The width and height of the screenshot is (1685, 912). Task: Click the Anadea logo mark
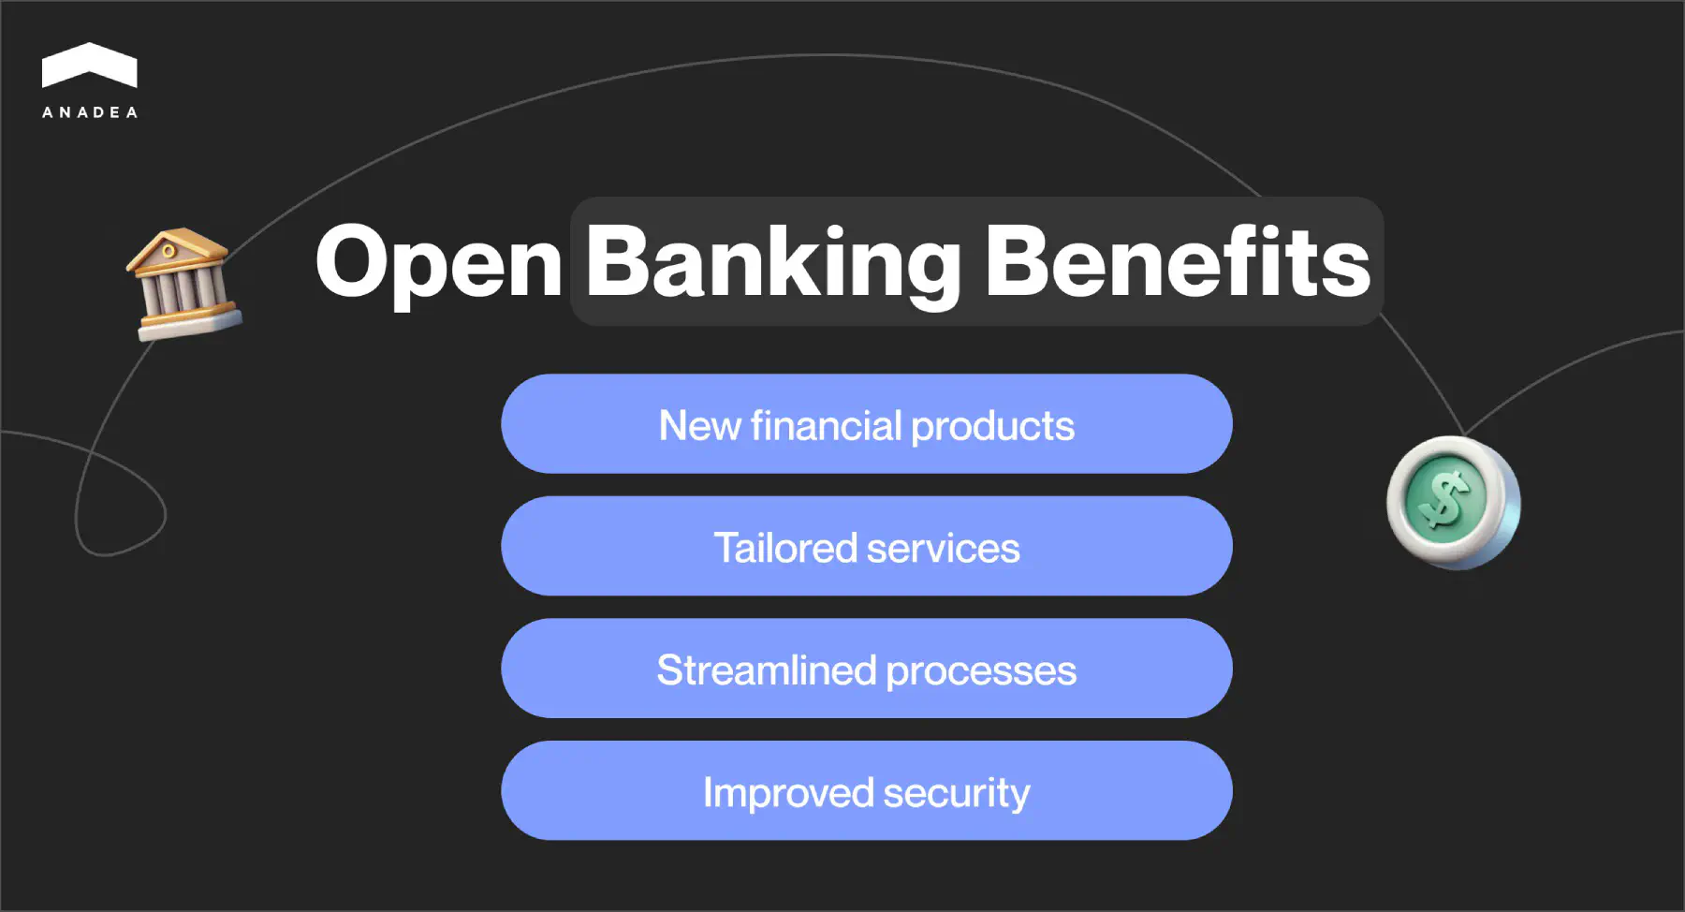pos(89,66)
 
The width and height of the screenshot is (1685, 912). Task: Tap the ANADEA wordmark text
pos(90,112)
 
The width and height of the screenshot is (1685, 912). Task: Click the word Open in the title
pos(438,264)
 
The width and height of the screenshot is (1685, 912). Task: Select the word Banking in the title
pos(772,264)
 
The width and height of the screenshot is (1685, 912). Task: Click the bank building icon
pos(183,283)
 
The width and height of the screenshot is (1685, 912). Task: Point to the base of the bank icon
pos(190,322)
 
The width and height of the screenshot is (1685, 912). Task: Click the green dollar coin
pos(1452,503)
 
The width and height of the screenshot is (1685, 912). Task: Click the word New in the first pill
pos(699,426)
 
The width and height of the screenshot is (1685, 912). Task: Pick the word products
pos(992,427)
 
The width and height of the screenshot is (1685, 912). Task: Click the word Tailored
pos(784,548)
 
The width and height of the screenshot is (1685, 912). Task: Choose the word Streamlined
pos(767,670)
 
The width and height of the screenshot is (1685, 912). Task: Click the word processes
pos(981,671)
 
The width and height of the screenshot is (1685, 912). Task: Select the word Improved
pos(787,793)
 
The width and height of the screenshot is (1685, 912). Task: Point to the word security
pos(956,794)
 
